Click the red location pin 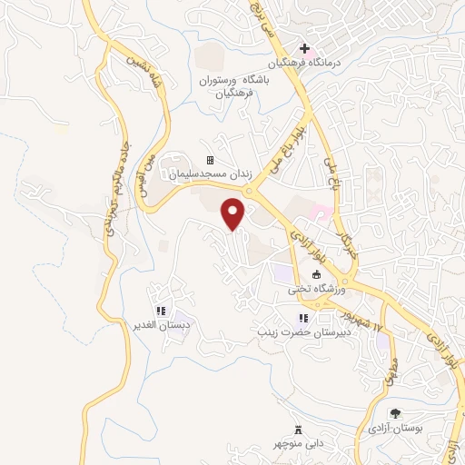[234, 213]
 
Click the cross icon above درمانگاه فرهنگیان [305, 48]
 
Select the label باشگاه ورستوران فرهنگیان [235, 85]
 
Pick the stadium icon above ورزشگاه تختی [316, 275]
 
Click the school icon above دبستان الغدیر [161, 311]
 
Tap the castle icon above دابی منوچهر [297, 429]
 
